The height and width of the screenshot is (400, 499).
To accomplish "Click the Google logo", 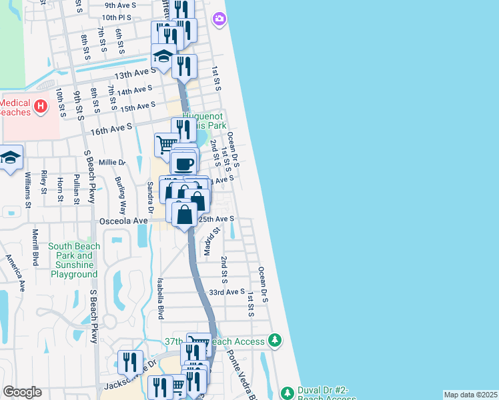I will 22,392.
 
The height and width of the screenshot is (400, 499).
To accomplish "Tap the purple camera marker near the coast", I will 219,19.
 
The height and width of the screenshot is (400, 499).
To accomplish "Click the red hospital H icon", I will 41,105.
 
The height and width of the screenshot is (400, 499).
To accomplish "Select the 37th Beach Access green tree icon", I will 274,341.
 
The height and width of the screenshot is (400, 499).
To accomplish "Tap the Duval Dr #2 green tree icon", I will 287,393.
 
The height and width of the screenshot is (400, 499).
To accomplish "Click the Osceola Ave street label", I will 123,220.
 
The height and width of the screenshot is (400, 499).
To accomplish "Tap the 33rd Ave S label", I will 227,292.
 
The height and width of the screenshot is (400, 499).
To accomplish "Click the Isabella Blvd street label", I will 161,299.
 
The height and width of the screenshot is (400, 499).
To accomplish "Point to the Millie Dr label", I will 112,162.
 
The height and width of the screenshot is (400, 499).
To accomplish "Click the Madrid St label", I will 211,242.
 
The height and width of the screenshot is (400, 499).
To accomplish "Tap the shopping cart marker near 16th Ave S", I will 166,143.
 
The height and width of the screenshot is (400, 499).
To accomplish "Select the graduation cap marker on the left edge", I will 11,159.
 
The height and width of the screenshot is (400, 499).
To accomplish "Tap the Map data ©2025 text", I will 470,395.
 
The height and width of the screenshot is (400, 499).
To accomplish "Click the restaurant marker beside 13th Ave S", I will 183,66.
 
